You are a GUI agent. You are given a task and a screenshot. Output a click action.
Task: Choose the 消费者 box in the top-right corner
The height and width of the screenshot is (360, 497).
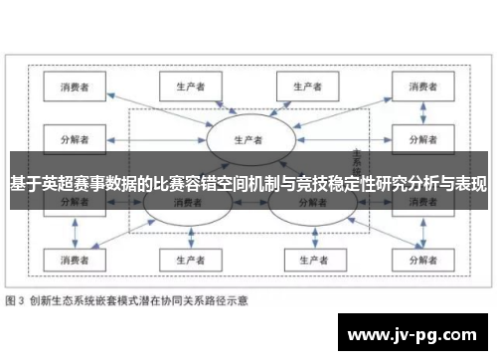418,87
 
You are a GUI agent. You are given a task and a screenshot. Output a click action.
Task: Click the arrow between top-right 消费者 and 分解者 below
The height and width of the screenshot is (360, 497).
418,111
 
